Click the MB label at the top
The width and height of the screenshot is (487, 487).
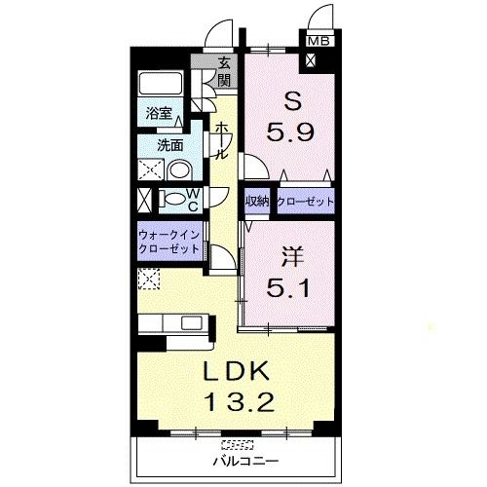tap(318, 41)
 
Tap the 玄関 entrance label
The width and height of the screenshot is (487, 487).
tap(225, 72)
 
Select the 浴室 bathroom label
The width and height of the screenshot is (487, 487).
tap(159, 112)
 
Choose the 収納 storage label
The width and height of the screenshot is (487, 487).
tap(257, 202)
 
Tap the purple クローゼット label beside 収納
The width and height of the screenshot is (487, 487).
tap(305, 202)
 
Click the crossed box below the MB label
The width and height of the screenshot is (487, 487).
tap(311, 58)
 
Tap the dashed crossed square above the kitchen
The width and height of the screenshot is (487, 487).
tap(150, 281)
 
